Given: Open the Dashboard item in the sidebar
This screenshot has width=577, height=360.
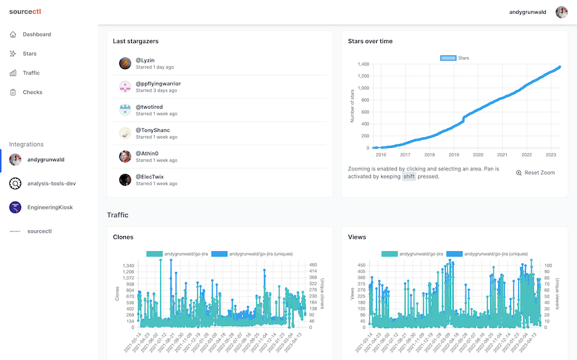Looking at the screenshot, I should click(36, 34).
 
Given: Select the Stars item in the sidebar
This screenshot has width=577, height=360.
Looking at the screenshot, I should click(29, 54).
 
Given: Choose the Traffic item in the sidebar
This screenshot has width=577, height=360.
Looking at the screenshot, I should click(31, 73).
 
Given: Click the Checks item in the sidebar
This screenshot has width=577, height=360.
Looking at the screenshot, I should click(32, 92).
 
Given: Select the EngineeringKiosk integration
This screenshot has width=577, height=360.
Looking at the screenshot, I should click(50, 208).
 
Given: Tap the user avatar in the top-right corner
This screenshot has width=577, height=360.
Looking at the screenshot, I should click(561, 12).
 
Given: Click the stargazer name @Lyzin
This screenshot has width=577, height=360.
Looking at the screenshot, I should click(145, 60).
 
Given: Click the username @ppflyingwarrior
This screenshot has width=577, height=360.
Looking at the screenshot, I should click(158, 84).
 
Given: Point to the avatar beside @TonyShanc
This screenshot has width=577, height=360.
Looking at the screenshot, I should click(125, 133).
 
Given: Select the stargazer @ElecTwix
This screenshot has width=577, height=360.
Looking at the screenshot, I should click(150, 177).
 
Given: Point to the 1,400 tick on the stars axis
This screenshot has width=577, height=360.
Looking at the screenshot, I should click(362, 64).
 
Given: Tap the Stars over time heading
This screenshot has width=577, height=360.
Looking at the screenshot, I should click(370, 41).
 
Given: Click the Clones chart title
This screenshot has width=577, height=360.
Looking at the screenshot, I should click(123, 237).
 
